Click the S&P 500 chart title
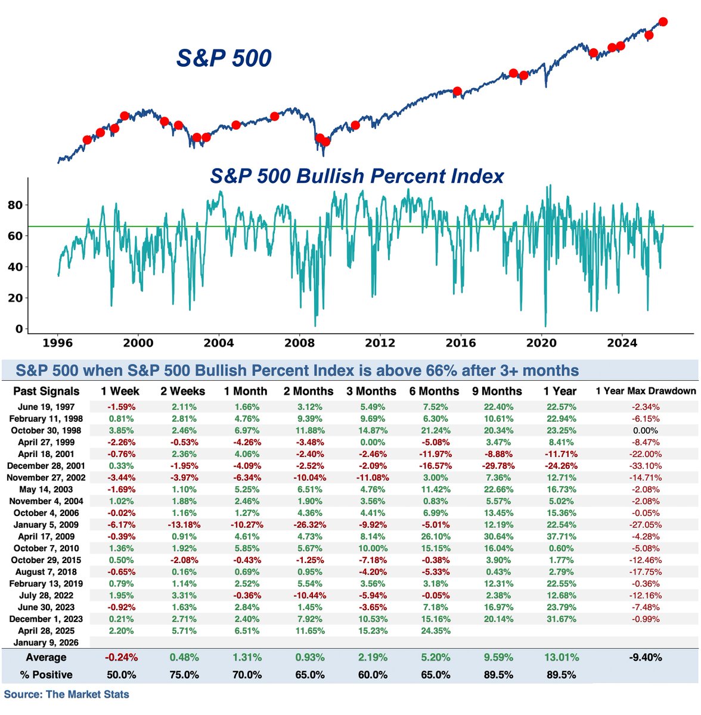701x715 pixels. click(x=224, y=58)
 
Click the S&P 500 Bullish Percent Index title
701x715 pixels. click(x=357, y=176)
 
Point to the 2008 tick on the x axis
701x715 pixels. click(x=299, y=343)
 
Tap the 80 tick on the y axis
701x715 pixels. click(x=15, y=205)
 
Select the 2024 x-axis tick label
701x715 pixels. click(x=622, y=343)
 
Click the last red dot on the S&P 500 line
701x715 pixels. click(x=663, y=22)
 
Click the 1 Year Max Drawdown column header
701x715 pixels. click(x=646, y=391)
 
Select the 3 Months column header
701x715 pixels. click(x=371, y=391)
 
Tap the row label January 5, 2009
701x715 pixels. click(x=46, y=525)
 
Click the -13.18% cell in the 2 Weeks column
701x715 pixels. click(x=183, y=525)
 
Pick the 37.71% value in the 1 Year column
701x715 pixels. click(x=560, y=537)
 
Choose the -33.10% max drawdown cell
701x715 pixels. click(x=646, y=466)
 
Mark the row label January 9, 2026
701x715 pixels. click(x=46, y=642)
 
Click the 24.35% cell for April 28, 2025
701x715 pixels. click(x=435, y=630)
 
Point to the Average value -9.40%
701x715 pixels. click(x=646, y=658)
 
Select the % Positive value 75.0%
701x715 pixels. click(x=183, y=675)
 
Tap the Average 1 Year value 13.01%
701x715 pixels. click(x=560, y=658)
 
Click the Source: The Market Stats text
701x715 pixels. click(x=66, y=694)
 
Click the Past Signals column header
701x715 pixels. click(x=46, y=391)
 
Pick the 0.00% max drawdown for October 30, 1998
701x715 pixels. click(x=646, y=431)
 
